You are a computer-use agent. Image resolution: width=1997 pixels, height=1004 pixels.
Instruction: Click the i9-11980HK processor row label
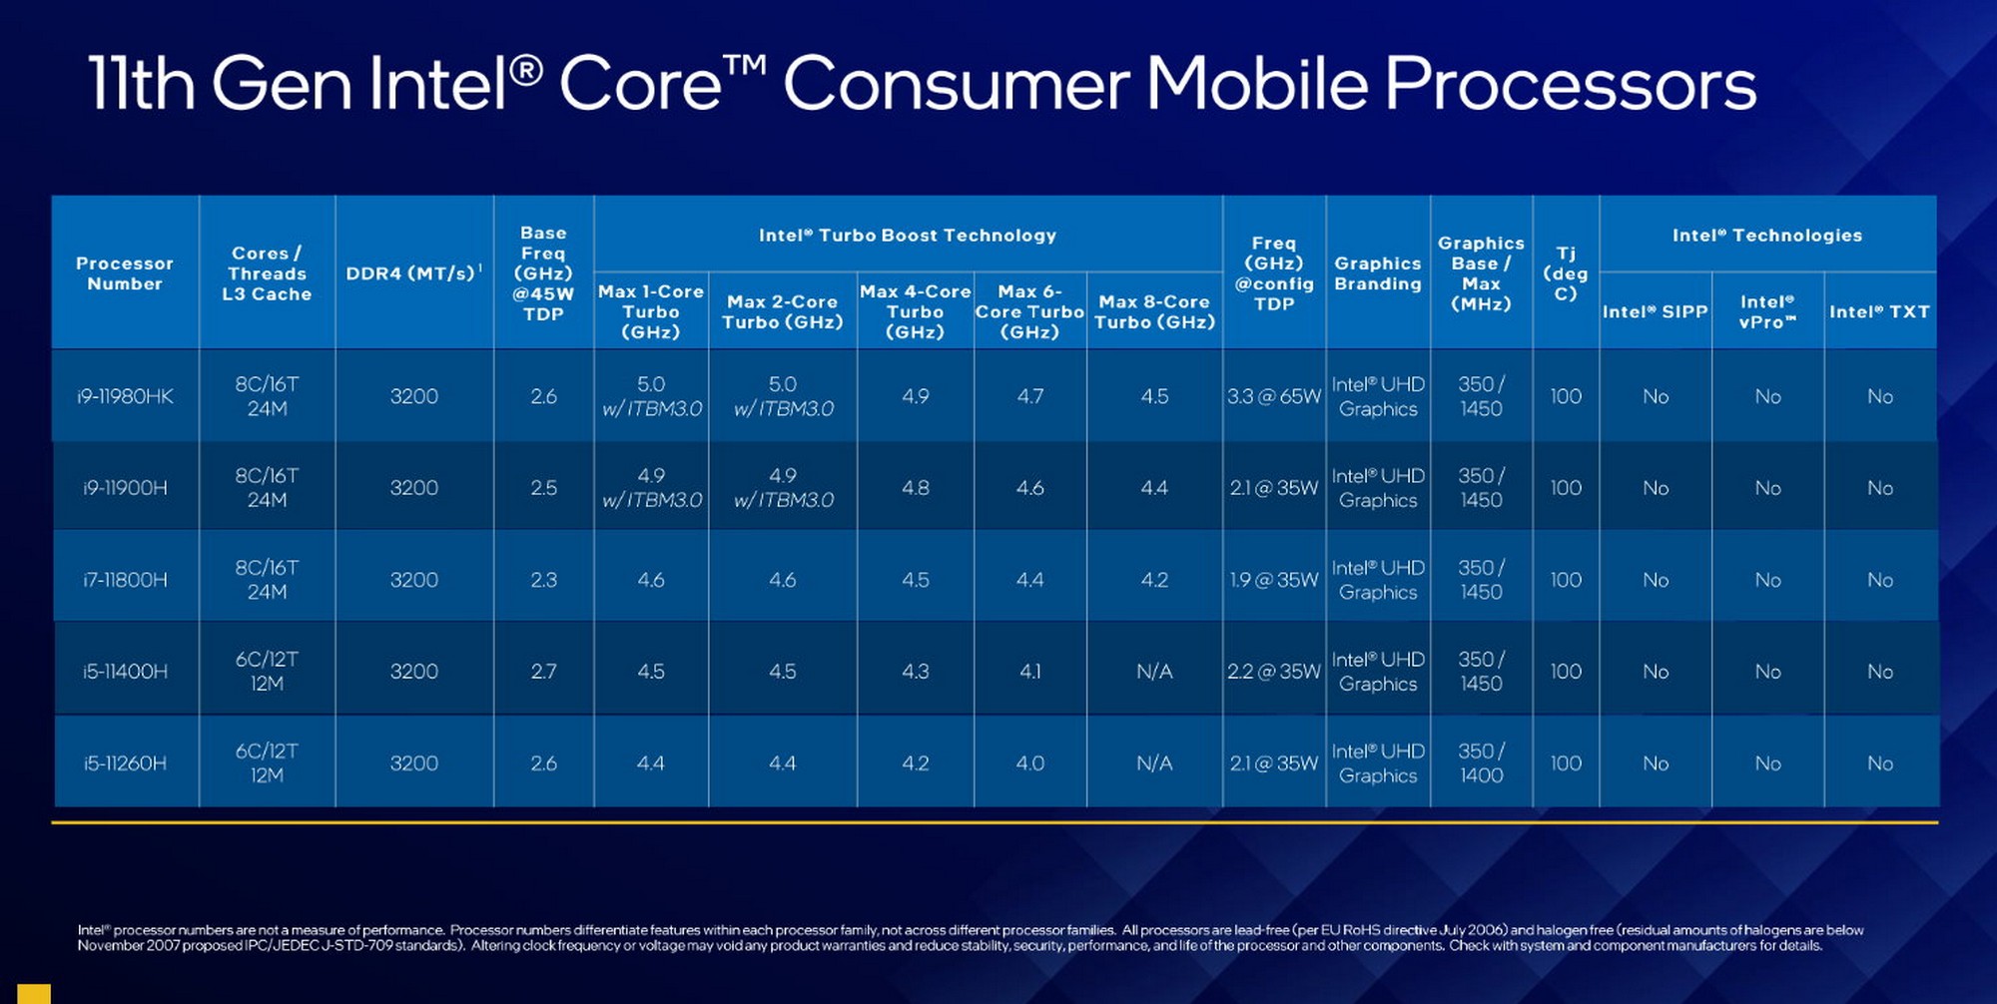pyautogui.click(x=125, y=396)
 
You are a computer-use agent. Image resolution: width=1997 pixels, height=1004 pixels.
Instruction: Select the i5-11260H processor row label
pyautogui.click(x=125, y=763)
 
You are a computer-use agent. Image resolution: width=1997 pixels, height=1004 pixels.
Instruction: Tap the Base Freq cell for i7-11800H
pyautogui.click(x=543, y=580)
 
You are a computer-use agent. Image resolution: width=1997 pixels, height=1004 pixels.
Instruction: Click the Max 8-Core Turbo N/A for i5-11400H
pyautogui.click(x=1154, y=672)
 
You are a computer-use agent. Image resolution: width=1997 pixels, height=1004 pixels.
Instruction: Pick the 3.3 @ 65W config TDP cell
pyautogui.click(x=1273, y=396)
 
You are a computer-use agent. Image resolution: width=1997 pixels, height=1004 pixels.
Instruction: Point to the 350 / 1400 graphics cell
pyautogui.click(x=1481, y=763)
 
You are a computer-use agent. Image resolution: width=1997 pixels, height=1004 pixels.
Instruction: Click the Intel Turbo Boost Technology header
pyautogui.click(x=907, y=236)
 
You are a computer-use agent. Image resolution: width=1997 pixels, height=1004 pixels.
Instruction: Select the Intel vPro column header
pyautogui.click(x=1767, y=311)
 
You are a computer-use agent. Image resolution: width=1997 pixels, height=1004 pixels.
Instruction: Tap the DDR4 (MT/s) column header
pyautogui.click(x=413, y=273)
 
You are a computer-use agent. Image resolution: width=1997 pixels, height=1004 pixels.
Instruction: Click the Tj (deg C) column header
pyautogui.click(x=1565, y=273)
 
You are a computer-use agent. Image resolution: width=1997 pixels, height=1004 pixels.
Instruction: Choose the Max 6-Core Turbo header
pyautogui.click(x=1029, y=311)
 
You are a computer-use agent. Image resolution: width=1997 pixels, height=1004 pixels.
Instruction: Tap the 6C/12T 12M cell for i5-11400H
pyautogui.click(x=267, y=672)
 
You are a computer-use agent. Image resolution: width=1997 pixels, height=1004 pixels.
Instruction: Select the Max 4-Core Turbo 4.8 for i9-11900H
pyautogui.click(x=915, y=488)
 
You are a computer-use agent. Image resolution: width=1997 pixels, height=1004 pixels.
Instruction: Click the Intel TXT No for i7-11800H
pyautogui.click(x=1879, y=580)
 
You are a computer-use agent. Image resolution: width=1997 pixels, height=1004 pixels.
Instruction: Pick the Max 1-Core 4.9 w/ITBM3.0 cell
pyautogui.click(x=651, y=488)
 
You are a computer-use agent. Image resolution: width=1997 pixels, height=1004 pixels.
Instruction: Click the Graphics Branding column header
pyautogui.click(x=1377, y=273)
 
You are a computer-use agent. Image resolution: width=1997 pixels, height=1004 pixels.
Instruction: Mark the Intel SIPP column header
pyautogui.click(x=1655, y=311)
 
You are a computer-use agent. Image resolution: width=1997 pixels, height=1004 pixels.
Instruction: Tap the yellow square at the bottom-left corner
pyautogui.click(x=33, y=993)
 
